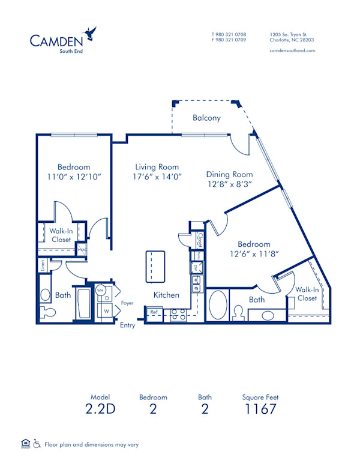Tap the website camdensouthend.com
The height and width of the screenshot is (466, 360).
[293, 51]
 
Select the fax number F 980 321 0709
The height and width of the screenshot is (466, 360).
[229, 40]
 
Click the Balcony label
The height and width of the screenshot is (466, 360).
[206, 118]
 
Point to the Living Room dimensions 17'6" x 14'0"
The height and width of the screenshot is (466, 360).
[157, 177]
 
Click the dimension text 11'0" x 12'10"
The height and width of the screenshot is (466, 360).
[74, 177]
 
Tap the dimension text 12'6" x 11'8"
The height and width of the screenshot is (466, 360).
[254, 254]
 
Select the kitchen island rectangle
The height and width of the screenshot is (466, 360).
[155, 266]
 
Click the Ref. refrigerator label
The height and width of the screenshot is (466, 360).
[154, 312]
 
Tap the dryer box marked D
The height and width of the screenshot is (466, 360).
[107, 298]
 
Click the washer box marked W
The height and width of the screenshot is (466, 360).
[107, 312]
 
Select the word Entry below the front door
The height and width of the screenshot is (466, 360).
[128, 325]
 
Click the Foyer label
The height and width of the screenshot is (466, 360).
[127, 303]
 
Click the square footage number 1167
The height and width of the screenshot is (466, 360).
[260, 410]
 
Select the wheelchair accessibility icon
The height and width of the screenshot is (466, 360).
[37, 444]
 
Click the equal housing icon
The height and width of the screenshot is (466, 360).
[25, 444]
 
